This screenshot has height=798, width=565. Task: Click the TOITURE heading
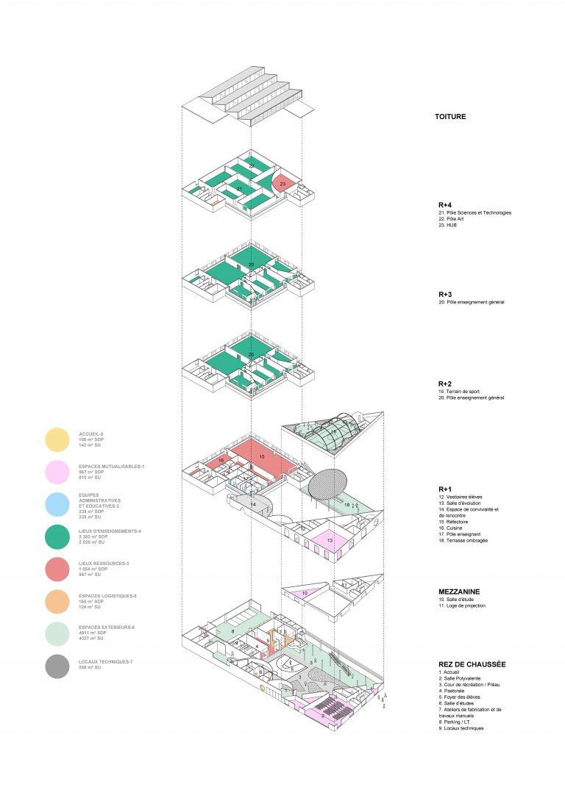450,117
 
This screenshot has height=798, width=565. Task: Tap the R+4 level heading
444,205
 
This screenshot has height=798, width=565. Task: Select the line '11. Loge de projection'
466,605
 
